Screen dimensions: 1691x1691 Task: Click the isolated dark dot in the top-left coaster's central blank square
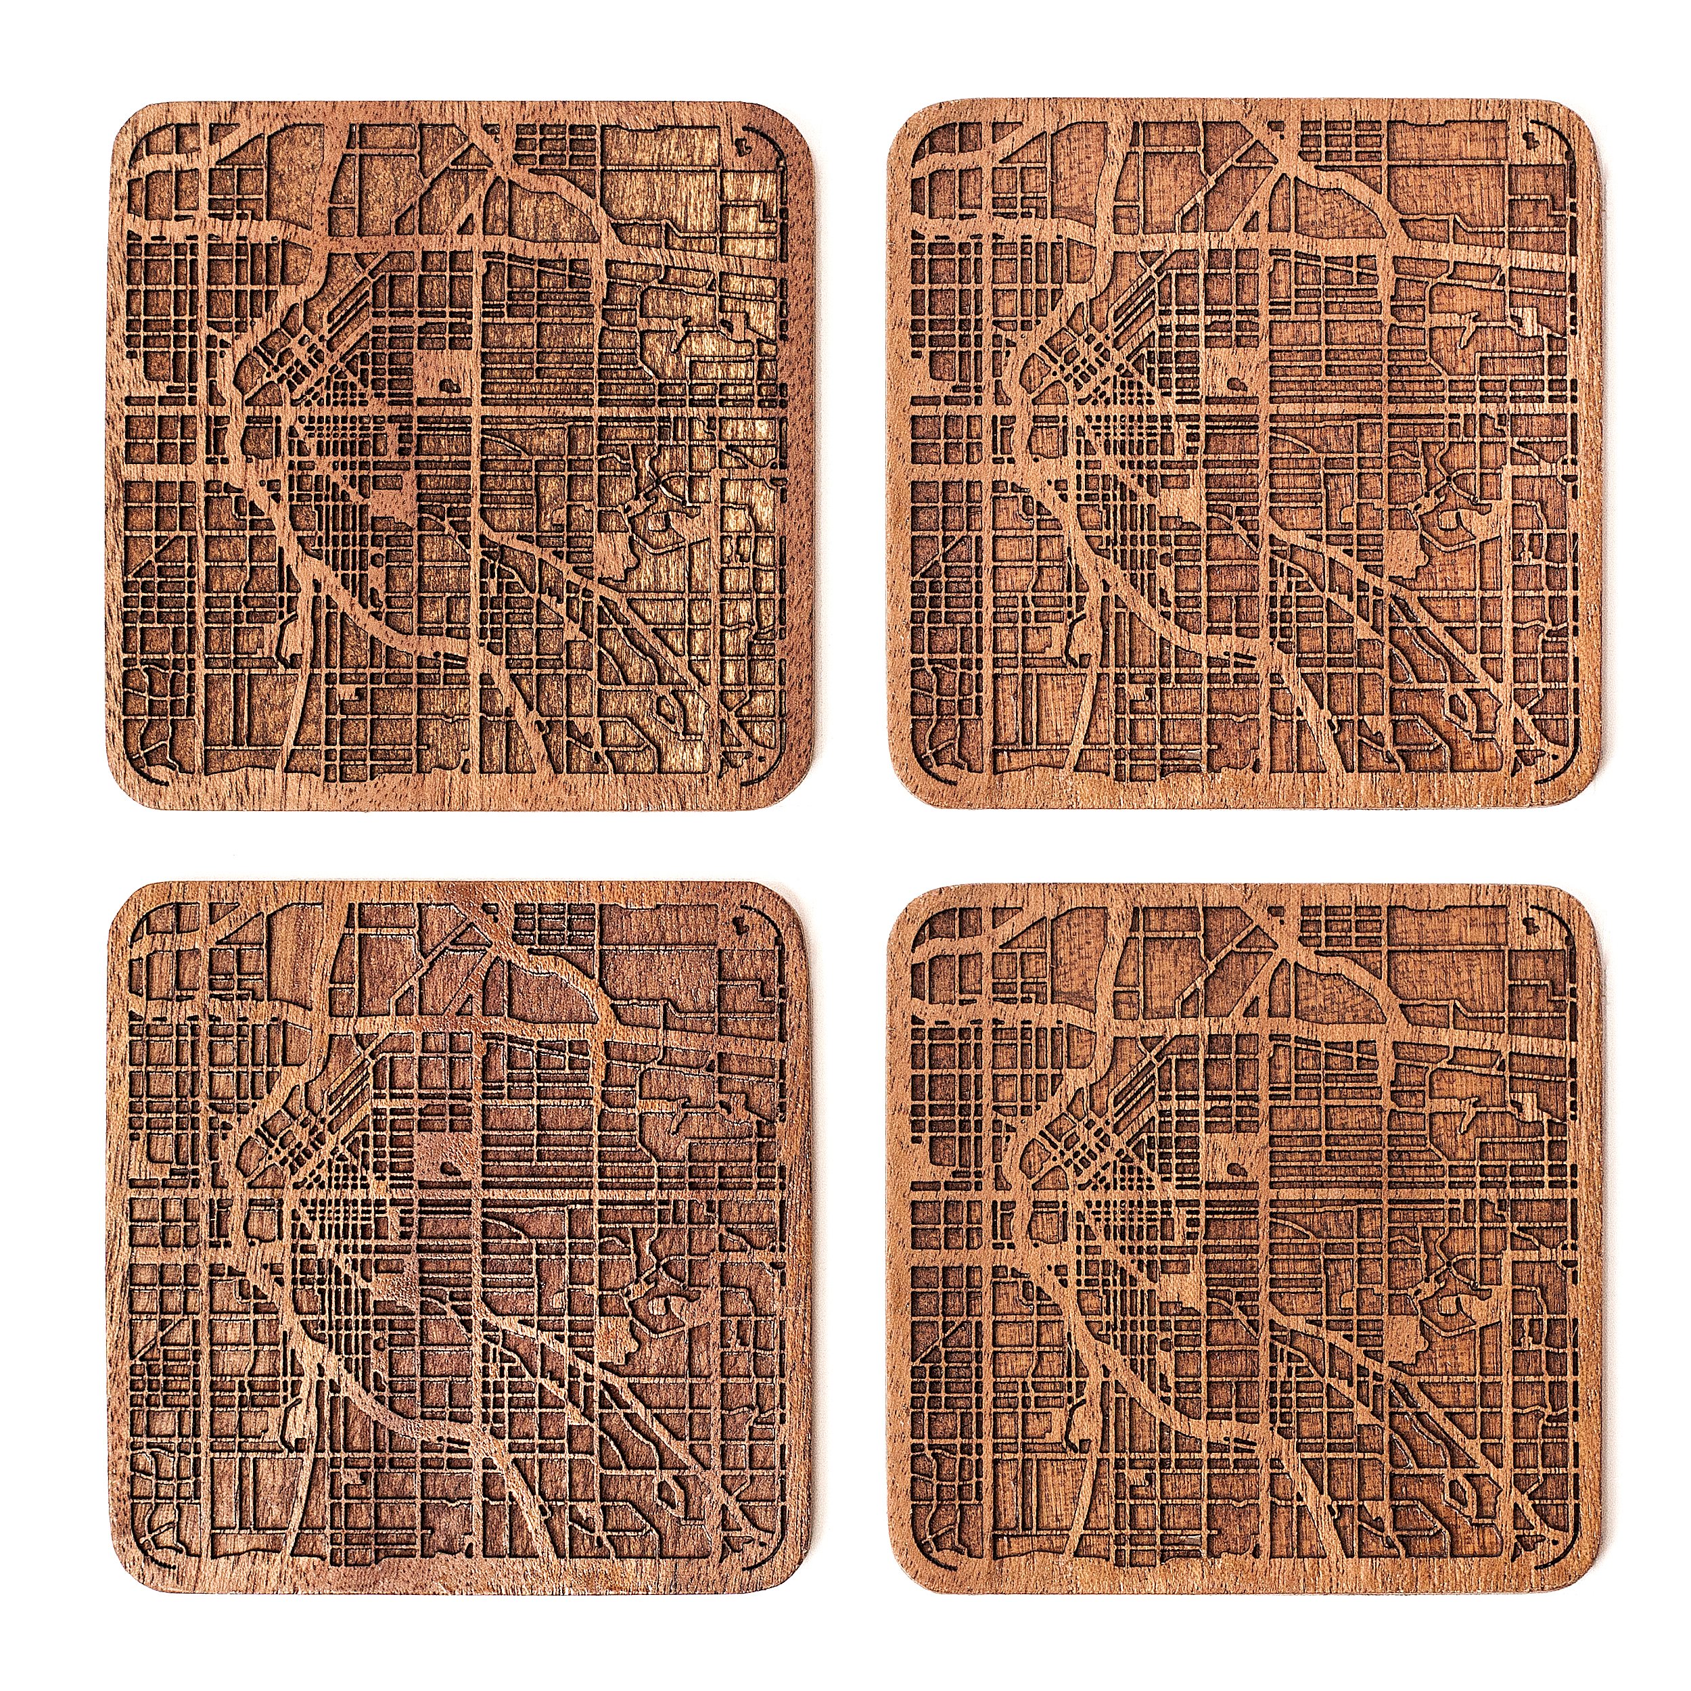tap(446, 381)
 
